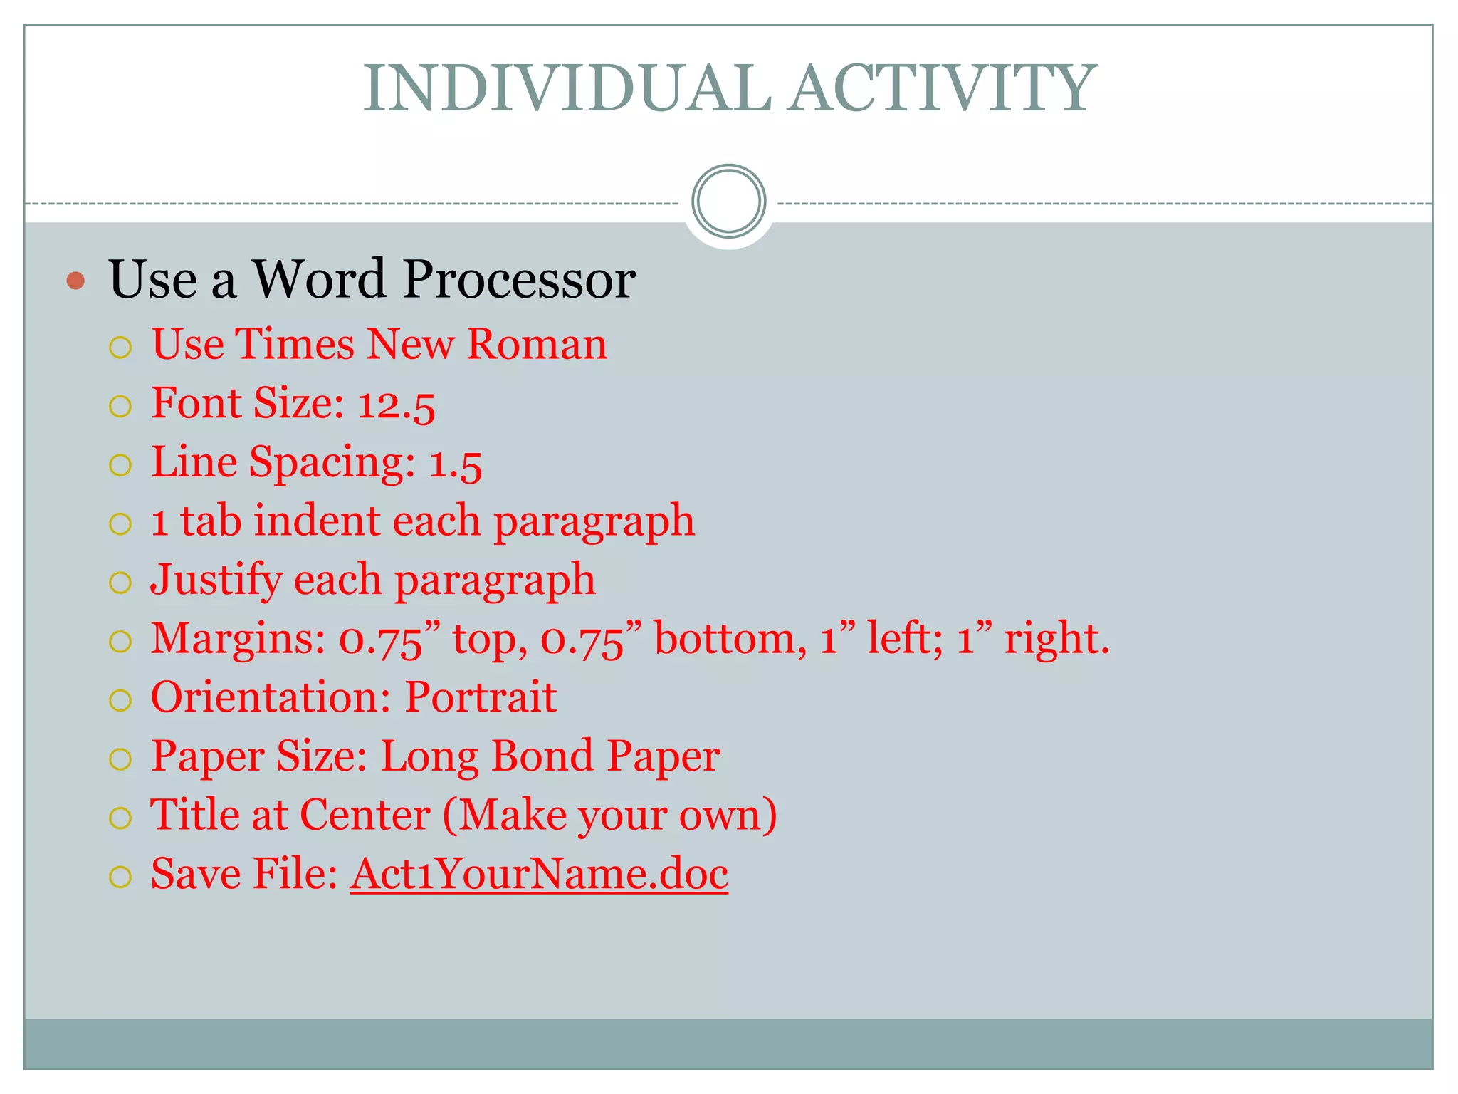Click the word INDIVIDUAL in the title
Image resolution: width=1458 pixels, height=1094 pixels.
tap(567, 88)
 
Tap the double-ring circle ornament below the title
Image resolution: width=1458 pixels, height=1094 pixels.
tap(728, 202)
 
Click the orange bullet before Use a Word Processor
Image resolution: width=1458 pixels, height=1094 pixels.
tap(75, 281)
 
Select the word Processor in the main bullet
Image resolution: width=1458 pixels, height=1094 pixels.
tap(518, 279)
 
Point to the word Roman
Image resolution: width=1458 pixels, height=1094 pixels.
tap(537, 345)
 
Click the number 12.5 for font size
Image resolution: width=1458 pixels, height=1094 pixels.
tap(396, 405)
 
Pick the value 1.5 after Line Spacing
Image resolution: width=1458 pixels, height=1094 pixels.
tap(456, 464)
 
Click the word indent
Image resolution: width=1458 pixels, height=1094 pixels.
tap(317, 521)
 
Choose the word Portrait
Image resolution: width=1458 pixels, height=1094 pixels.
tap(481, 697)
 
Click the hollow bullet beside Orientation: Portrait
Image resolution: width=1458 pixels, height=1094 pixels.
tap(120, 700)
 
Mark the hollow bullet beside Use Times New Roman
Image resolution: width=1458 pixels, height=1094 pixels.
tap(120, 348)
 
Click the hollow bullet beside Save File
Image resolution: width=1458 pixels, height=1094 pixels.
tap(120, 877)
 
